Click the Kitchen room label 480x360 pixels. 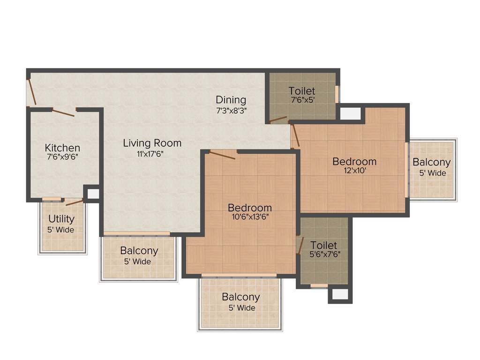pos(62,148)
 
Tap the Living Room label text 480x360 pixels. pos(152,143)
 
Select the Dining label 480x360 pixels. pos(231,100)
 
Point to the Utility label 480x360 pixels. pos(62,219)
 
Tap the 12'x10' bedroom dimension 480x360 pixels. pos(354,171)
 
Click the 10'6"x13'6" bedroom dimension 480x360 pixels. pos(249,217)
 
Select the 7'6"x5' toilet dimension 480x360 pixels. pos(301,100)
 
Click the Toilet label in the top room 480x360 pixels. pos(301,91)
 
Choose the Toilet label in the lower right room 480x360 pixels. pos(324,245)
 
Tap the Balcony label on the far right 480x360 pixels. pos(432,163)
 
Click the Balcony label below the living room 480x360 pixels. pos(139,251)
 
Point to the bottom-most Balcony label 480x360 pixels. pos(241,297)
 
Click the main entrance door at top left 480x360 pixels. pos(31,92)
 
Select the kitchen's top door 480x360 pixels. pos(63,112)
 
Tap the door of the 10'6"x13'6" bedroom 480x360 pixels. pos(222,155)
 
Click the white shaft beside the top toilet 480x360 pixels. pos(350,113)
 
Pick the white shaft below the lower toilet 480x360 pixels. pos(340,294)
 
